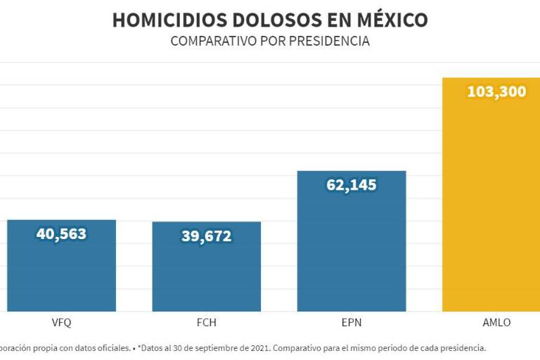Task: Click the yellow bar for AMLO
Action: point(491,211)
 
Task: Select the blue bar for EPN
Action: point(352,253)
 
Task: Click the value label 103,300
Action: point(496,91)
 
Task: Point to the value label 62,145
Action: point(352,185)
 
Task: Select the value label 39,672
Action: point(206,236)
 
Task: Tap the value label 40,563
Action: point(61,233)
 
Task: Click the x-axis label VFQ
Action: point(61,323)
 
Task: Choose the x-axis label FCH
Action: point(206,323)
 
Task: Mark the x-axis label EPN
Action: point(352,323)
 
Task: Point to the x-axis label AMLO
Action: point(496,323)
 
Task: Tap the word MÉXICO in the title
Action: point(390,20)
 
